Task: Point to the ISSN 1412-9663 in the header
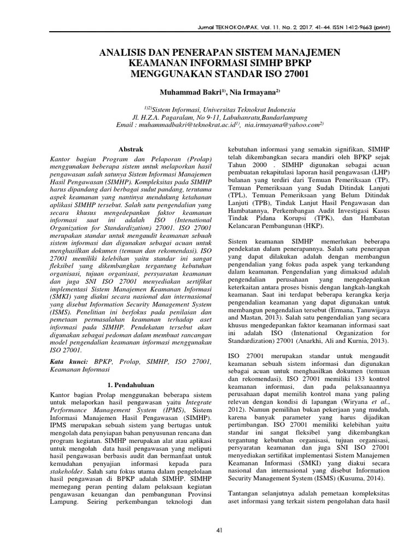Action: (x=342, y=26)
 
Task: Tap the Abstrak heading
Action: (x=131, y=149)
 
